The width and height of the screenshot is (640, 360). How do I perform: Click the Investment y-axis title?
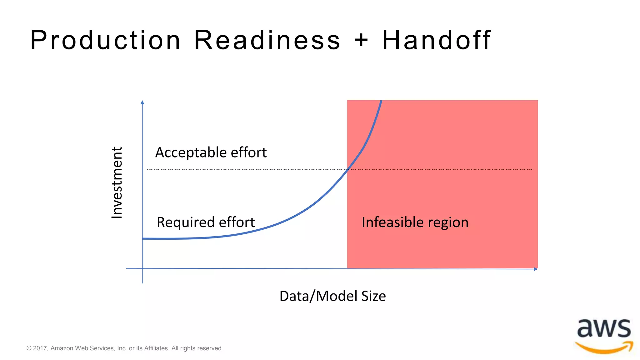pyautogui.click(x=117, y=182)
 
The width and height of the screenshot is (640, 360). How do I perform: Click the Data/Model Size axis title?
pyautogui.click(x=332, y=296)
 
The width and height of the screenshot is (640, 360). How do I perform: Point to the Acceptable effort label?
pyautogui.click(x=211, y=152)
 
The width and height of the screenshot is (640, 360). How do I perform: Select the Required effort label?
pyautogui.click(x=206, y=222)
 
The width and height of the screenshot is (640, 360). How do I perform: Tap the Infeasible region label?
pyautogui.click(x=415, y=222)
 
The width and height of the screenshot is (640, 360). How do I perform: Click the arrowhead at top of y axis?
pyautogui.click(x=142, y=102)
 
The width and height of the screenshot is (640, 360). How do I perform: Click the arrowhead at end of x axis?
pyautogui.click(x=536, y=269)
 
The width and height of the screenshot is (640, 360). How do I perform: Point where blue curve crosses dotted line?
pyautogui.click(x=347, y=169)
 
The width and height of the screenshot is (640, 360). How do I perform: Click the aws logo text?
pyautogui.click(x=604, y=329)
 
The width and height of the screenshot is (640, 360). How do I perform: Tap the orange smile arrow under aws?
pyautogui.click(x=604, y=347)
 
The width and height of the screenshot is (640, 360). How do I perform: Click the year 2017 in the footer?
pyautogui.click(x=40, y=348)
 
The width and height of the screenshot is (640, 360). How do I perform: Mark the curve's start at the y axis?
pyautogui.click(x=143, y=239)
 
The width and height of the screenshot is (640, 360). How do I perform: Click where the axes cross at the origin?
pyautogui.click(x=142, y=268)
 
